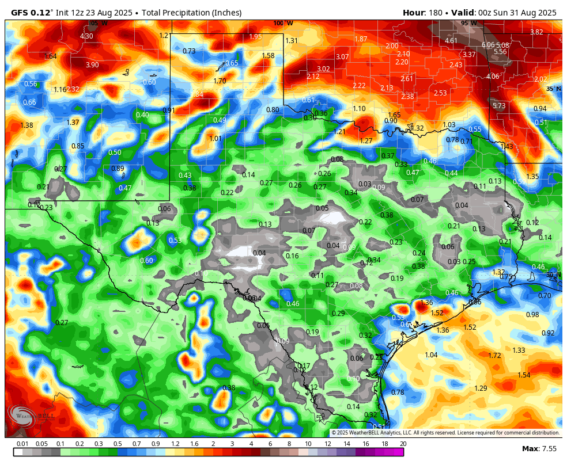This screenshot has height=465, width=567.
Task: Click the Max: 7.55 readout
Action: [539, 448]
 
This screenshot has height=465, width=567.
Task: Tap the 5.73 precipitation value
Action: [498, 106]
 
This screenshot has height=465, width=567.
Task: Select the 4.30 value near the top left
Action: [86, 36]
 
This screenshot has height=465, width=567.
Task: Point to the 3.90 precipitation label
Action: [92, 65]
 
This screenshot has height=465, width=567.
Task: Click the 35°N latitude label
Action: [553, 89]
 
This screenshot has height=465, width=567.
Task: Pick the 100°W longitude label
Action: [283, 24]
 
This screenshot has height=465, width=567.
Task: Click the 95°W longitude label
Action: [468, 24]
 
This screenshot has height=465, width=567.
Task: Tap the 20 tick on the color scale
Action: [403, 444]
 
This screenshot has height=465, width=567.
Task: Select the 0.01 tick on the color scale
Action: [22, 444]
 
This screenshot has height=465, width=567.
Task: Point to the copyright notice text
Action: [445, 433]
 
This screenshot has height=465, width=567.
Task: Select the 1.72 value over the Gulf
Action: [494, 356]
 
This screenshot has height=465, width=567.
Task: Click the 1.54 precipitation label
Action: [523, 375]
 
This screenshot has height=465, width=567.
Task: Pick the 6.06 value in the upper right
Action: [488, 45]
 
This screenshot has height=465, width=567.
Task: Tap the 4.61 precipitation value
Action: [451, 41]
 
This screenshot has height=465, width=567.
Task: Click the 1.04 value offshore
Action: [431, 355]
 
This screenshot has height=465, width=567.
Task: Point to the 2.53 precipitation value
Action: [440, 93]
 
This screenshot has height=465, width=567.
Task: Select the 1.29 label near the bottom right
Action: [481, 388]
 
